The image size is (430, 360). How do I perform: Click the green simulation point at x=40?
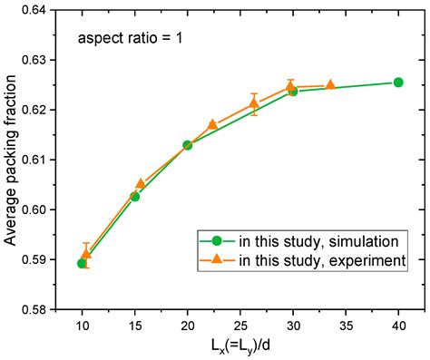[x=398, y=83]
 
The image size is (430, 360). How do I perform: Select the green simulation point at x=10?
[x=82, y=263]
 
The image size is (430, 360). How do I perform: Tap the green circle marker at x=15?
[x=135, y=196]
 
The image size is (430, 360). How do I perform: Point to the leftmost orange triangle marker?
[x=86, y=255]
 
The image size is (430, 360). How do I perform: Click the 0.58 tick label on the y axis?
[x=41, y=309]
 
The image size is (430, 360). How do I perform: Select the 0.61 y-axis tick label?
[x=41, y=160]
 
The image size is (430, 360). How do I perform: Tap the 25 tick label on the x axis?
[x=240, y=325]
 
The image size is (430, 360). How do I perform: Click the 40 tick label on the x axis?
[x=398, y=325]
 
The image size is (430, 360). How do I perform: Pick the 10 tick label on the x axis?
[x=82, y=325]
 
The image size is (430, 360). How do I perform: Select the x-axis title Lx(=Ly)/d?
[x=240, y=346]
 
